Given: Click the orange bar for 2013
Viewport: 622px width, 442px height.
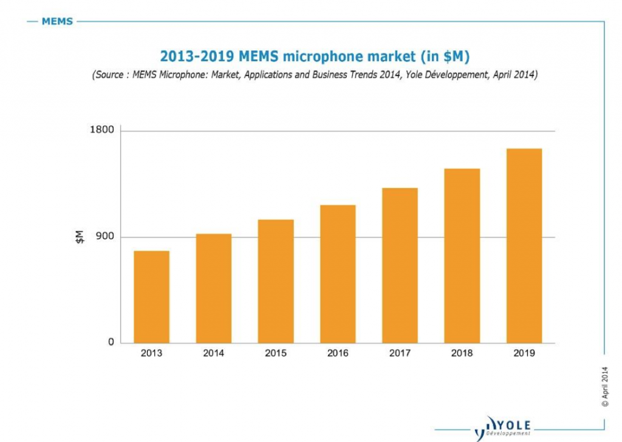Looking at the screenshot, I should [x=151, y=297].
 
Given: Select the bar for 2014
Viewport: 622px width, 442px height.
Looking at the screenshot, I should [x=213, y=288].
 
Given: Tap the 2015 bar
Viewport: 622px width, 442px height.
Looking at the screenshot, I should [x=275, y=281].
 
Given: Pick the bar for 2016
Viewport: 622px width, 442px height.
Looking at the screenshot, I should [x=338, y=274].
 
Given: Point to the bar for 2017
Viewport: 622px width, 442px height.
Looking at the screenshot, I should [x=400, y=265].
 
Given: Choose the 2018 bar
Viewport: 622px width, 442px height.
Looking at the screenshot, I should [x=462, y=256].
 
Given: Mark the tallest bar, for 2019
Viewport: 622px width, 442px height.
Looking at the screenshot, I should [x=524, y=246].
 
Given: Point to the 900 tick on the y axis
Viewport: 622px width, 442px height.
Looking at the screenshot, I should [x=106, y=237].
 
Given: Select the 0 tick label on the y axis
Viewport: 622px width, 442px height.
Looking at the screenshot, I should [x=111, y=342].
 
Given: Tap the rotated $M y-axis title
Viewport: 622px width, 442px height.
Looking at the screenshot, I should [x=80, y=237].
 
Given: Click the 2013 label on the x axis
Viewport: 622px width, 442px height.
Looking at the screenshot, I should [x=151, y=353].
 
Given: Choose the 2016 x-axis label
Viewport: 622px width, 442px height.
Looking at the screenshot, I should [x=338, y=353].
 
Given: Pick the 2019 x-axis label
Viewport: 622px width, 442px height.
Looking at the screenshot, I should [x=524, y=353].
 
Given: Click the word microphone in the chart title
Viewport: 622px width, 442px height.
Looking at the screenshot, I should [x=323, y=57].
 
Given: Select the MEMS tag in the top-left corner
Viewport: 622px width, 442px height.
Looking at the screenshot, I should [x=57, y=22].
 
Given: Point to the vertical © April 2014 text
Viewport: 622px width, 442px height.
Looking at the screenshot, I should [x=604, y=386].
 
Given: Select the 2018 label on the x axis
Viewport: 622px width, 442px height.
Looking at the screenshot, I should [x=462, y=353].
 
